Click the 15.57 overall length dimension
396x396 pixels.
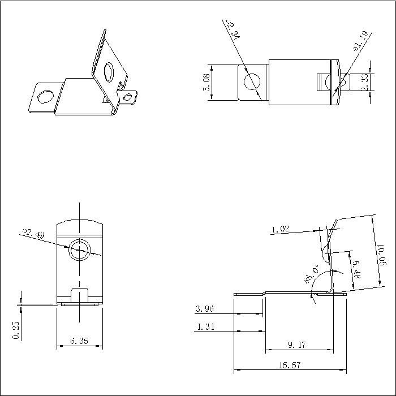(x=289, y=365)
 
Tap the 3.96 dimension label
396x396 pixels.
(x=205, y=309)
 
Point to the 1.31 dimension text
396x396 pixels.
(x=205, y=326)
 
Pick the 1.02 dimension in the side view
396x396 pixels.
(x=281, y=229)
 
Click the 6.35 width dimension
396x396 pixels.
(x=80, y=341)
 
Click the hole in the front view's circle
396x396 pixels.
(x=79, y=249)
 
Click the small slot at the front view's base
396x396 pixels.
(x=79, y=295)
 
